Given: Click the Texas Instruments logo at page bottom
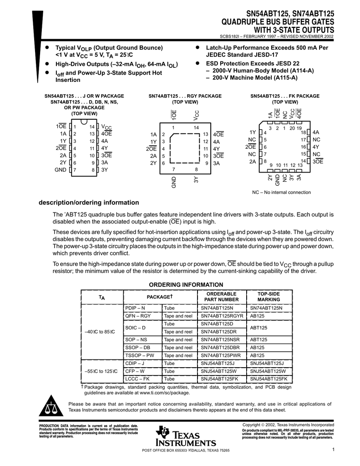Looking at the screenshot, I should click(x=185, y=436).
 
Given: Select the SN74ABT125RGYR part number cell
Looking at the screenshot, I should click(x=222, y=316).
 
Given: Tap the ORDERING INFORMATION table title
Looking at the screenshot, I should click(x=180, y=285).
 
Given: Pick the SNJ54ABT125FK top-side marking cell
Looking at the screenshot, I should click(x=269, y=379).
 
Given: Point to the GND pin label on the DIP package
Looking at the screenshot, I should click(x=61, y=170).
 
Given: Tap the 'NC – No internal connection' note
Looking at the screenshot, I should click(x=282, y=192).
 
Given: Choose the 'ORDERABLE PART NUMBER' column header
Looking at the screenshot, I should click(x=222, y=297).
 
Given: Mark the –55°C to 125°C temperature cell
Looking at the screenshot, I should click(x=101, y=371).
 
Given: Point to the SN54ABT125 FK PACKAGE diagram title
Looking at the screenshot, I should click(x=285, y=96).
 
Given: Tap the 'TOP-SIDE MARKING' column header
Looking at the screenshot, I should click(x=269, y=297).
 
